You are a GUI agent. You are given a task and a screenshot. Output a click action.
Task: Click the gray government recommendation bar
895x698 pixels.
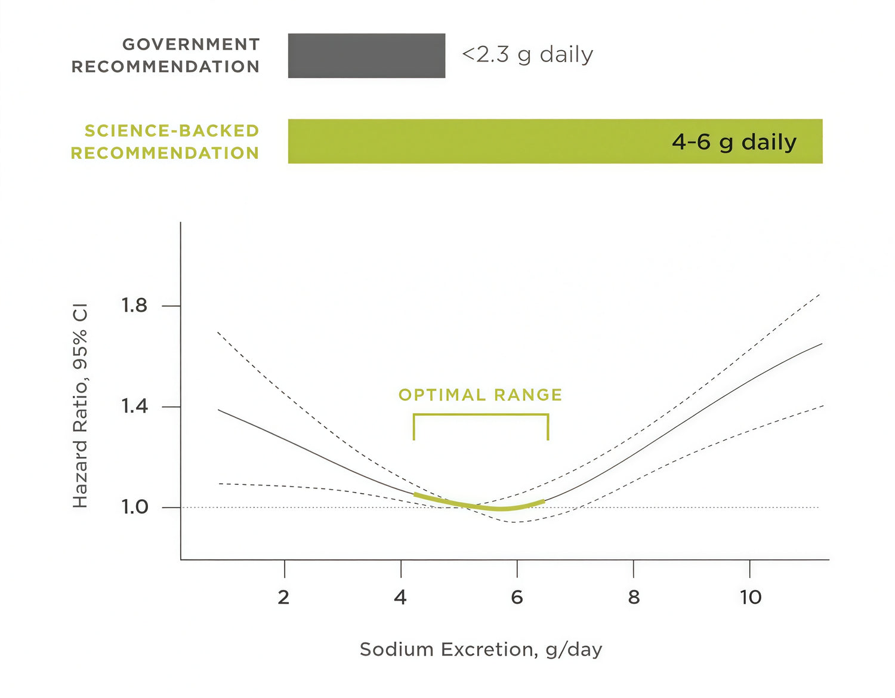366,56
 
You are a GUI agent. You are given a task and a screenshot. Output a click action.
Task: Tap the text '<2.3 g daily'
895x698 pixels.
527,55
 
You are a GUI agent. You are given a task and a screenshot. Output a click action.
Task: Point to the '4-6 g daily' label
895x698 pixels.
734,142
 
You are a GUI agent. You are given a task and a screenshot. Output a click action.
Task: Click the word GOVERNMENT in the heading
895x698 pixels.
191,44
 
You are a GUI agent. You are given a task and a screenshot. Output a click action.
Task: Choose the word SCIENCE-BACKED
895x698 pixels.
172,131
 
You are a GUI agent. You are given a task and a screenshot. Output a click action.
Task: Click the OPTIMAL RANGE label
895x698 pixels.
480,395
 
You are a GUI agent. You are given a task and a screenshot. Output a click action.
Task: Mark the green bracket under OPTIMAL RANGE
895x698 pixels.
481,414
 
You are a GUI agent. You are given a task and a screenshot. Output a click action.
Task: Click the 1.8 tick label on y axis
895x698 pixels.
134,306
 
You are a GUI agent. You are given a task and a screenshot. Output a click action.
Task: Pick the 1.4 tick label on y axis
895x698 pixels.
134,407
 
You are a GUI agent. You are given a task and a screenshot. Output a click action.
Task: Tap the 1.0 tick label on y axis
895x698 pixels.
134,507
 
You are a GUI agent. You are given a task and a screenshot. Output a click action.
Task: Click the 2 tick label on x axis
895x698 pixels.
284,596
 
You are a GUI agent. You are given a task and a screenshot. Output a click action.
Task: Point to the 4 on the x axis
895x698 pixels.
400,596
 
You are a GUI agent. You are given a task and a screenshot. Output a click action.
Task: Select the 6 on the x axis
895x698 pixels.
517,596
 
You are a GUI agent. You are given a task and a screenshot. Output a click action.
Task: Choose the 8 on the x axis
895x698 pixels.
634,596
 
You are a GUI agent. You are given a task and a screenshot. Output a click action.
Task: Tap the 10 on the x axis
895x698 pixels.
751,596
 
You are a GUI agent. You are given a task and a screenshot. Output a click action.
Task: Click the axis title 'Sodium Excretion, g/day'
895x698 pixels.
481,649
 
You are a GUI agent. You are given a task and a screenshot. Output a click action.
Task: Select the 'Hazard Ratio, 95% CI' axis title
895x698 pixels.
80,406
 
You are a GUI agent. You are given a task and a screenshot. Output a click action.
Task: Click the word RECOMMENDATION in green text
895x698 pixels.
165,153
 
